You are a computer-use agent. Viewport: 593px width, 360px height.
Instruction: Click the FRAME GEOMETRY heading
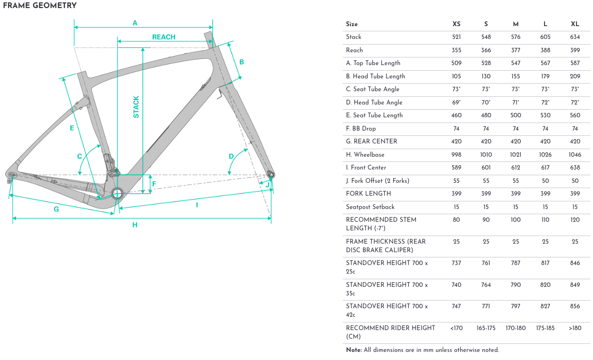click(x=40, y=6)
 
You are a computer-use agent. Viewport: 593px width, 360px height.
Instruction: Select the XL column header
click(x=575, y=24)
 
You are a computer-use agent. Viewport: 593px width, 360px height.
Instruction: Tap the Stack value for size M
click(x=516, y=37)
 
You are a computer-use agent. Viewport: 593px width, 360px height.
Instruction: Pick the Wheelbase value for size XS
click(x=456, y=155)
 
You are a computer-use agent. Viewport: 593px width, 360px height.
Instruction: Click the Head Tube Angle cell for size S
click(x=486, y=102)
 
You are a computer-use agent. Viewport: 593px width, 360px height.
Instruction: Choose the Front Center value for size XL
click(x=575, y=168)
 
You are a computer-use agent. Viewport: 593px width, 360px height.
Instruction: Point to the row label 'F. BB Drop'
click(x=361, y=129)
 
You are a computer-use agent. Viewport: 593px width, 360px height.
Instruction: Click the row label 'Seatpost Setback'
click(x=370, y=207)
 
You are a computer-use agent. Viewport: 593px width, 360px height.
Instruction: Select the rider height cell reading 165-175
click(x=486, y=328)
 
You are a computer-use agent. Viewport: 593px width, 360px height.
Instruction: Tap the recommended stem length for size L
click(x=546, y=220)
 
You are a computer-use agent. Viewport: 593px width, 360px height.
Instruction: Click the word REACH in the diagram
click(x=164, y=37)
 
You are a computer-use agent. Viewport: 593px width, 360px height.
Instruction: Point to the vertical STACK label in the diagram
click(x=136, y=107)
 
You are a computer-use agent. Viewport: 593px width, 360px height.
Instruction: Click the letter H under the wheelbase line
click(x=135, y=225)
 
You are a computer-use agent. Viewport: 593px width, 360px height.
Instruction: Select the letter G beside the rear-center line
click(x=56, y=209)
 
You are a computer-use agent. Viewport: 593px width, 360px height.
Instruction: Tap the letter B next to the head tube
click(x=242, y=62)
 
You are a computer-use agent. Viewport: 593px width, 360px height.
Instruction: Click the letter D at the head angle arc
click(x=231, y=156)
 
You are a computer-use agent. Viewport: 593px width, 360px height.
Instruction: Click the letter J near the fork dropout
click(x=268, y=185)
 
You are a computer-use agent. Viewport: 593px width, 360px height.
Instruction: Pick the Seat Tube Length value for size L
click(x=546, y=115)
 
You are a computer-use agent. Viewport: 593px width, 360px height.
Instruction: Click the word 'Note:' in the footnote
click(x=354, y=350)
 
